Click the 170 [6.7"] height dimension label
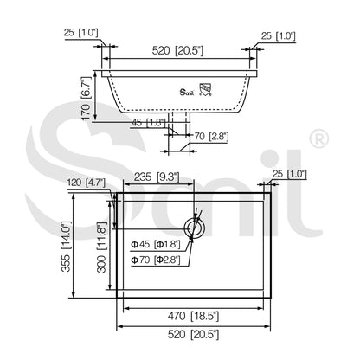[x=86, y=99]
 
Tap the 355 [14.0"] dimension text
[x=66, y=247]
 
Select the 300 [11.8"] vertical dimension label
[x=101, y=247]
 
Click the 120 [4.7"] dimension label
[x=86, y=183]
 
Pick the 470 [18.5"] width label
[x=193, y=316]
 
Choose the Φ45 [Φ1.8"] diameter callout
[x=156, y=244]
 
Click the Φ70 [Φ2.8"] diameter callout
[x=156, y=260]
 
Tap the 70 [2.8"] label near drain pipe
[x=211, y=136]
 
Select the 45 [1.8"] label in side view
[x=149, y=123]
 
